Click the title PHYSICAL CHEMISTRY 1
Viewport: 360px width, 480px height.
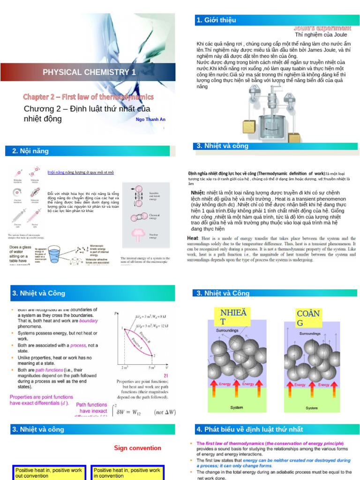point(89,72)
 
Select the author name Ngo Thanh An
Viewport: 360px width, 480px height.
point(150,120)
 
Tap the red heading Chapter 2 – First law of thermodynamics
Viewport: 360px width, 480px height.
point(89,97)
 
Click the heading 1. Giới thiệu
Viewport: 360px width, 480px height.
point(216,20)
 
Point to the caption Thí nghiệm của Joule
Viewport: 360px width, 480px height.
point(321,34)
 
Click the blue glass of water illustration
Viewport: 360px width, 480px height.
point(56,254)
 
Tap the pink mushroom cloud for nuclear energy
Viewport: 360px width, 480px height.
point(139,235)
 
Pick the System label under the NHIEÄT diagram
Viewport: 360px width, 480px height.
point(237,407)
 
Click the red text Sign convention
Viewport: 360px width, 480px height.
point(137,448)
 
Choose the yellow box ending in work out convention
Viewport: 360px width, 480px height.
point(49,472)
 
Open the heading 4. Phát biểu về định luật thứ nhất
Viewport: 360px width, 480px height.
point(250,429)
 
